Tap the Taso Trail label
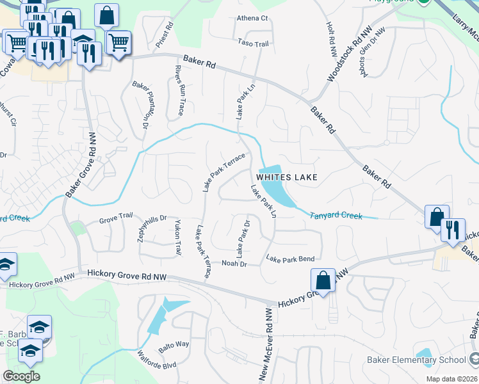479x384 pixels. [253, 44]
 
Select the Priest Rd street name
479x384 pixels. [165, 36]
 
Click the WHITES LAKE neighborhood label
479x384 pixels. [287, 177]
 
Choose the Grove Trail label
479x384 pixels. [116, 221]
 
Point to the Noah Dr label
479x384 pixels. [234, 263]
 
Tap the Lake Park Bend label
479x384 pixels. [290, 259]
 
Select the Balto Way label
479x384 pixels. [174, 344]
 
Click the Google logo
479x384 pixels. [21, 376]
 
